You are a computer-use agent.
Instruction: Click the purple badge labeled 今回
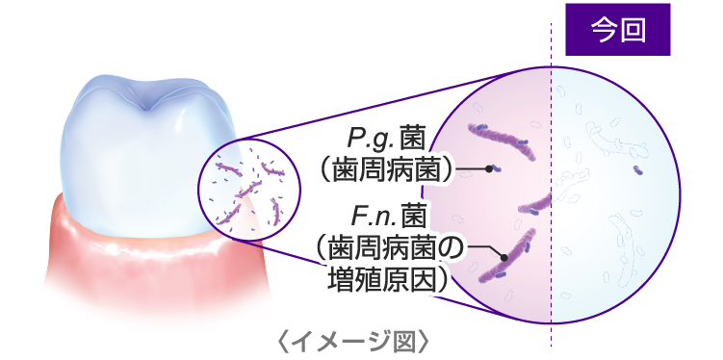[x=617, y=31]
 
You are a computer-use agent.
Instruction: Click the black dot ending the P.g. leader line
[x=490, y=169]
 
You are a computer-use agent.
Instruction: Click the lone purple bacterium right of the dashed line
[x=638, y=170]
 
